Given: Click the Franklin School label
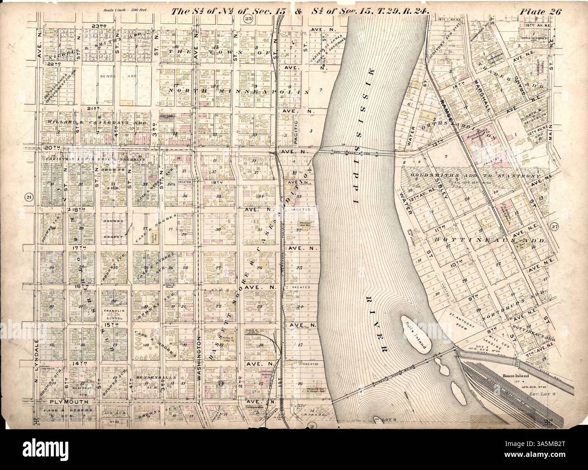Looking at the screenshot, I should click(114, 302).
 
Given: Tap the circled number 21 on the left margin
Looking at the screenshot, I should click(28, 197).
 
